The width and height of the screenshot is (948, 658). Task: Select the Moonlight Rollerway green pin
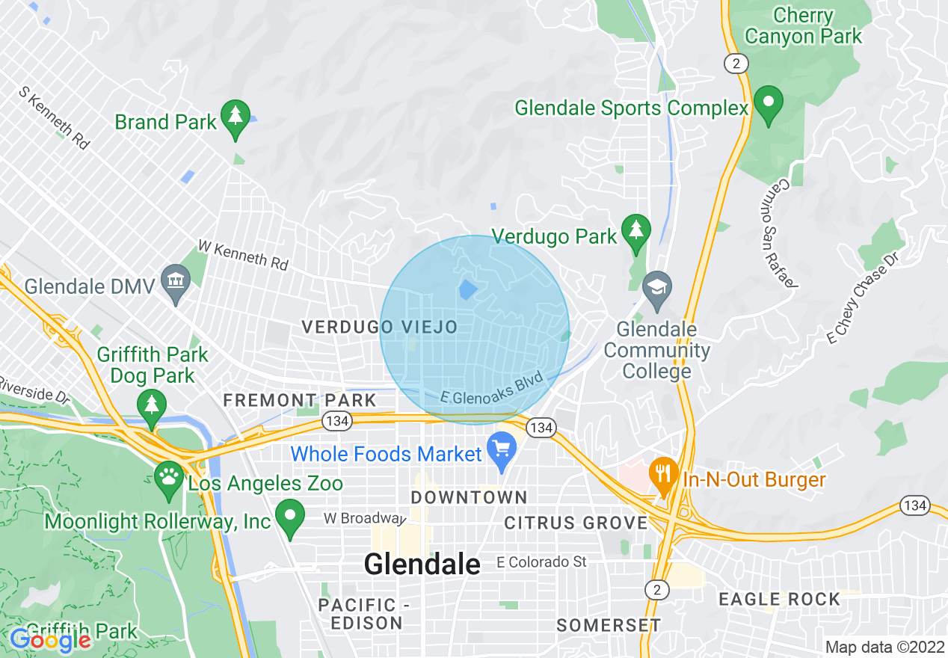289,517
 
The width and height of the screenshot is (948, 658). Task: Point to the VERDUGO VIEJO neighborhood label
379,327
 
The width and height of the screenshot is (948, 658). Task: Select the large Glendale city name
422,564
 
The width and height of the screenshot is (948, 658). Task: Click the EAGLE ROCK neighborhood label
779,599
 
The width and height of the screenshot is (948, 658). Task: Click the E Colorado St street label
542,562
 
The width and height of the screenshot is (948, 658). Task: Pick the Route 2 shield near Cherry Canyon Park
736,64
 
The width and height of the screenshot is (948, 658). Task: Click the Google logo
50,639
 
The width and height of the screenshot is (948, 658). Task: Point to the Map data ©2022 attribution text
884,647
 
